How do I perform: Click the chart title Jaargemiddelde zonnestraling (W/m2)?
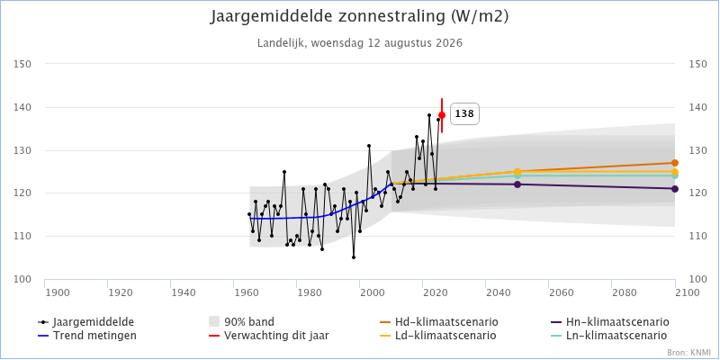[x=360, y=16]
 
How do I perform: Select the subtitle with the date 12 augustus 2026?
[x=360, y=43]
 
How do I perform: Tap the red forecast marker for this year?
[x=442, y=115]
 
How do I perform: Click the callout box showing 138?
[x=464, y=114]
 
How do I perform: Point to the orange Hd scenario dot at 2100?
[x=674, y=163]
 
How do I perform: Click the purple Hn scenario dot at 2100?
[x=674, y=189]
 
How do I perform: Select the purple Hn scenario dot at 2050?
[x=517, y=184]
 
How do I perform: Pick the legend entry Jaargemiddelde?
[x=88, y=321]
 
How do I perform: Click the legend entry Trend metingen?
[x=86, y=336]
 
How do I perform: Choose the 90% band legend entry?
[x=241, y=321]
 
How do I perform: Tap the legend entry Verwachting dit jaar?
[x=268, y=336]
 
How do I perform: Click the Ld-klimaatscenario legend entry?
[x=437, y=336]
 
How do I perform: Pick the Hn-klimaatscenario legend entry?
[x=610, y=321]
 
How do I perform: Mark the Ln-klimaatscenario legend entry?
[x=609, y=336]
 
